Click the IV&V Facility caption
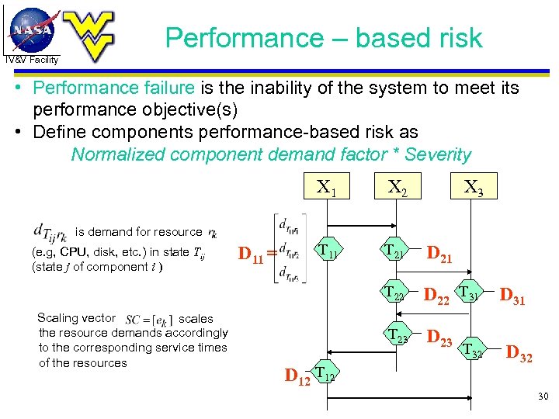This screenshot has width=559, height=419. [x=31, y=60]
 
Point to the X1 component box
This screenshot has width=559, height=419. [x=327, y=186]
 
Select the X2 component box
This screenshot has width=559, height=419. [x=398, y=186]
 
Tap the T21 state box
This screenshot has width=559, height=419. [x=395, y=250]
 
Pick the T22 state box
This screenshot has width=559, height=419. [x=395, y=293]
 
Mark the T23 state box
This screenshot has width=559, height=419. [x=397, y=336]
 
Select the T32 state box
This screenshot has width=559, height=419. [x=473, y=351]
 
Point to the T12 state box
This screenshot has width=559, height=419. [x=326, y=376]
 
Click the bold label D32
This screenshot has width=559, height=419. [x=519, y=356]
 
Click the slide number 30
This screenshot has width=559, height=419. [x=542, y=397]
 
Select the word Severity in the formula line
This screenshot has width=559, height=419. [x=437, y=154]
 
